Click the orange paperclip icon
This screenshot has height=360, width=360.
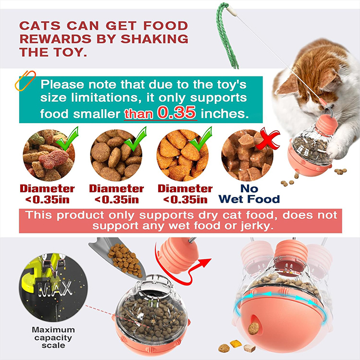[x=25, y=80]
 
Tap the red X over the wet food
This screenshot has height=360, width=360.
[x=268, y=139]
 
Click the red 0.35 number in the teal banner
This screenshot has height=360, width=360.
[x=177, y=112]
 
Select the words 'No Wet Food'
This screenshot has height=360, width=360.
[x=249, y=194]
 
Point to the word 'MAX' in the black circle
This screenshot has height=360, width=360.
[x=55, y=289]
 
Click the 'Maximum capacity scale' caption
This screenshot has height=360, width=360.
[x=53, y=337]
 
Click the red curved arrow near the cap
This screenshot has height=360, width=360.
[x=181, y=269]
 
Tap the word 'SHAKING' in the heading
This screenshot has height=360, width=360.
[x=154, y=39]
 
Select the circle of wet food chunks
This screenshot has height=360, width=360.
[x=247, y=156]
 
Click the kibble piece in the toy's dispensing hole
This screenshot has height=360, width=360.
[x=254, y=328]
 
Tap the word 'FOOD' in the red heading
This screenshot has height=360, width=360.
[x=166, y=26]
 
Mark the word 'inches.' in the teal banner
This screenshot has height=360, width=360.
[x=225, y=114]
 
